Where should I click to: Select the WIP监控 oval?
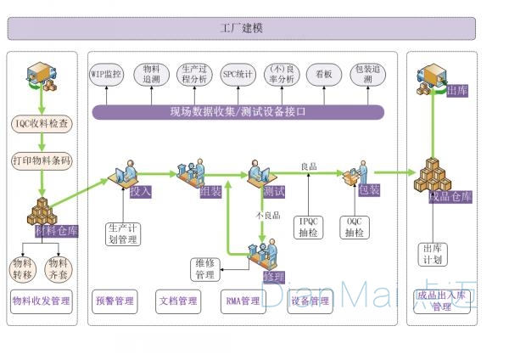tap(107, 75)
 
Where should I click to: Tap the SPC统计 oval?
tap(238, 75)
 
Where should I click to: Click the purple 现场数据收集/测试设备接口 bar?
tap(238, 111)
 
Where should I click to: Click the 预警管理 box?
tap(114, 301)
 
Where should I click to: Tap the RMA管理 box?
tap(243, 301)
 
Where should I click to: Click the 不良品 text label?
tap(269, 217)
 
